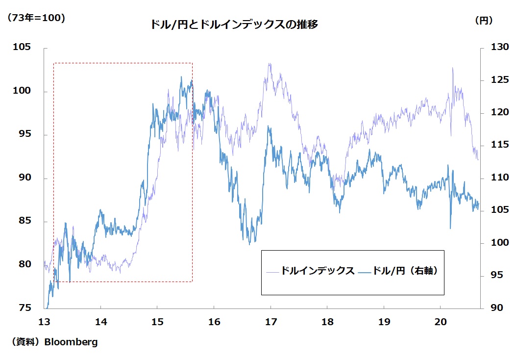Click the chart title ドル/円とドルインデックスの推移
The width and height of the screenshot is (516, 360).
(x=234, y=25)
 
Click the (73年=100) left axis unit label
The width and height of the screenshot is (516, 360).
(x=35, y=18)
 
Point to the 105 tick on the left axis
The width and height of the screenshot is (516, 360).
(x=23, y=48)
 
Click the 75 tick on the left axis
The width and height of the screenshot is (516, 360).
(x=25, y=308)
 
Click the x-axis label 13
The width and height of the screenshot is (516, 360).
(x=44, y=322)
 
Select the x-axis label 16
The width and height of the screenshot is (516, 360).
(x=214, y=322)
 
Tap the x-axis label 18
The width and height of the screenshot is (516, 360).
(x=327, y=322)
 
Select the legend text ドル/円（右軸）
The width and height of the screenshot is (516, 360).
(x=405, y=271)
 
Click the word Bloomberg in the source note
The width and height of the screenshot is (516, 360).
(x=71, y=342)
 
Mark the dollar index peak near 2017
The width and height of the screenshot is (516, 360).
(x=269, y=64)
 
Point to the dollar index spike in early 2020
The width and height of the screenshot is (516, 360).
(x=452, y=68)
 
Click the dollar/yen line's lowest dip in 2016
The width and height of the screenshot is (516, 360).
(x=249, y=244)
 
